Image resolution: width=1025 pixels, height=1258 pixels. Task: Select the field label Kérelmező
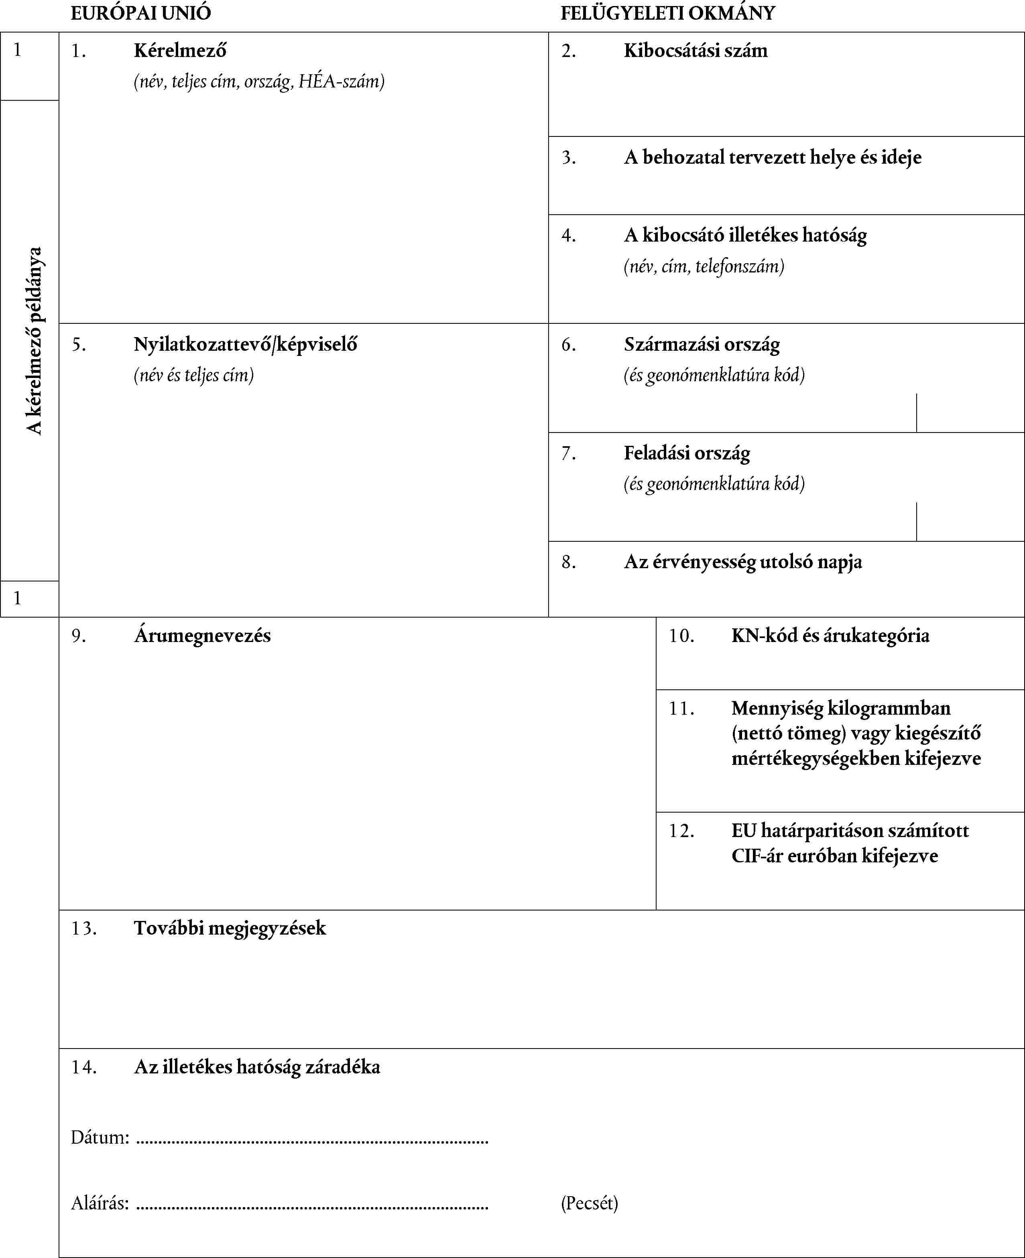point(180,51)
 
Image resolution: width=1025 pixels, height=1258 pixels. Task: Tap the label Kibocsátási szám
point(696,51)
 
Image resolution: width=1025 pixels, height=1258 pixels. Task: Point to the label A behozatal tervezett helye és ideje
point(772,158)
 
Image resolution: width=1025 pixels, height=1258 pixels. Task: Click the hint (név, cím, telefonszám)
point(704,267)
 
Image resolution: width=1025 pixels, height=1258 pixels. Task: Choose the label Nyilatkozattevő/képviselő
point(245,344)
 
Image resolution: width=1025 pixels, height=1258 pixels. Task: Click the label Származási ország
point(702,344)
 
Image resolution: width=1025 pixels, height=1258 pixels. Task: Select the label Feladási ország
point(687,453)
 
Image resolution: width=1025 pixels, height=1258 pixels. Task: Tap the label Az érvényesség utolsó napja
point(743,562)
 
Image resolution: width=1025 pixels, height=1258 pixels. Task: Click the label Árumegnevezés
point(202,636)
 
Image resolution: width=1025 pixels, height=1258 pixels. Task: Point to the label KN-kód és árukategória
point(830,636)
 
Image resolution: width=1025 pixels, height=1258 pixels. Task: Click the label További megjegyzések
point(230,929)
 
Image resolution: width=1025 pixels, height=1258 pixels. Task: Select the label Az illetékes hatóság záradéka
point(257,1067)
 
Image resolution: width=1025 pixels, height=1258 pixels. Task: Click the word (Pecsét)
point(589,1203)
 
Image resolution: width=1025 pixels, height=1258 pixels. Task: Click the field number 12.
point(681,831)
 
